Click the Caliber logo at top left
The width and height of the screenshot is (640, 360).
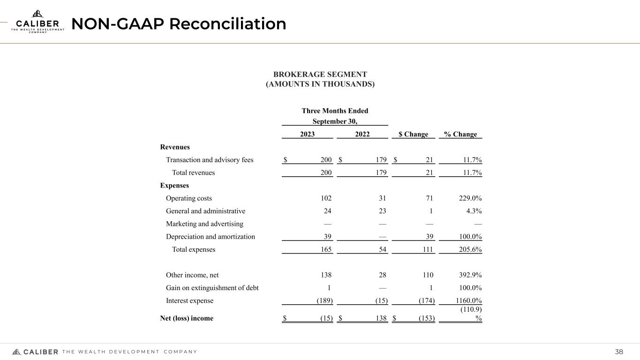point(38,22)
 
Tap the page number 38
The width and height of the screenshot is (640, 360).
point(619,352)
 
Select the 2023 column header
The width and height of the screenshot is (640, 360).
point(307,135)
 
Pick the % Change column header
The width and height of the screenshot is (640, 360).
point(460,135)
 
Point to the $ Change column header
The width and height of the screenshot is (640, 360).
point(413,135)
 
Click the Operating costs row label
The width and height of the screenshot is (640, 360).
point(189,198)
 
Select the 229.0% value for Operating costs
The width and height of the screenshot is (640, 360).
point(469,198)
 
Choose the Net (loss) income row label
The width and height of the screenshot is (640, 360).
point(187,318)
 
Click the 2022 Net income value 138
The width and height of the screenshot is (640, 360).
point(380,318)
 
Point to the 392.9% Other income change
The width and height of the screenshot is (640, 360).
point(469,275)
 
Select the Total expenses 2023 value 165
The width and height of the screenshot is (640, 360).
point(326,249)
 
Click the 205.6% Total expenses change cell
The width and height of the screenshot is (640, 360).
point(469,249)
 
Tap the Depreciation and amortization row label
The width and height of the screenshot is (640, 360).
point(211,237)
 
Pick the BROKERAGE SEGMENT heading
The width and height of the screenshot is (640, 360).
point(320,75)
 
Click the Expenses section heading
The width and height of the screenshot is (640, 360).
point(174,186)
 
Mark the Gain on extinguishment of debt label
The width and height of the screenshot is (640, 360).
point(212,288)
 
